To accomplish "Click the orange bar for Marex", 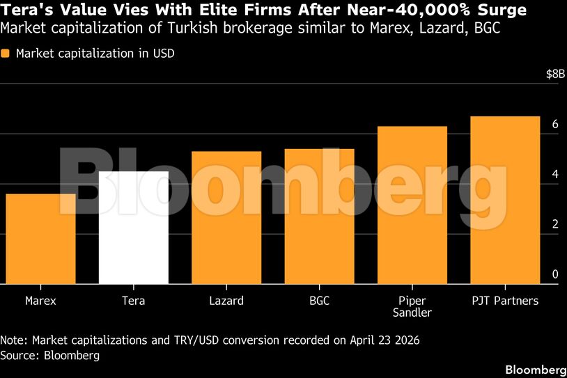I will click(40, 239).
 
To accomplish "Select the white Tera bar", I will click(134, 228).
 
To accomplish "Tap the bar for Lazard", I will click(226, 217).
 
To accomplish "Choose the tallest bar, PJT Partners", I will click(505, 200).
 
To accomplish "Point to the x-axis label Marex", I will click(40, 301).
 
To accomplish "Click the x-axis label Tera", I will click(134, 301).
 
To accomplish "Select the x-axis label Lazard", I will click(226, 301).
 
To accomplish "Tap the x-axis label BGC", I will click(319, 301).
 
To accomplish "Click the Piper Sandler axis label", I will click(412, 307).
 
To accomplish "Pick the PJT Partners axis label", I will click(505, 301).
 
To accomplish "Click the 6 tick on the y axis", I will click(555, 125).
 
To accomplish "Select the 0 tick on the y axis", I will click(555, 275).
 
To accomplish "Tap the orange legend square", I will click(6, 54).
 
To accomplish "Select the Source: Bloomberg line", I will click(50, 355).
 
